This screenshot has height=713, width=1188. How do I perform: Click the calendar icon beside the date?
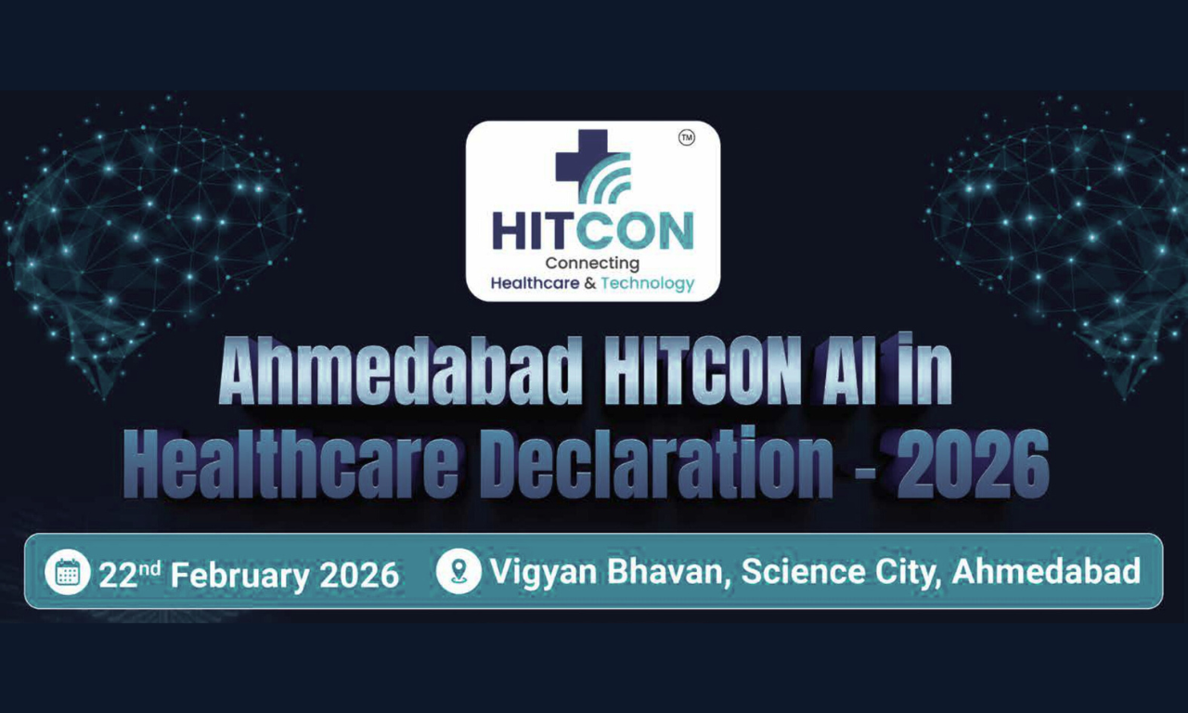[x=68, y=572]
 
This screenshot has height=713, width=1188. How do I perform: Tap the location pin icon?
[x=458, y=572]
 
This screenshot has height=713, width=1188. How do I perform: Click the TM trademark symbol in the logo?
[x=687, y=138]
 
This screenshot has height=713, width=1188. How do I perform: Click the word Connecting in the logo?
[x=592, y=264]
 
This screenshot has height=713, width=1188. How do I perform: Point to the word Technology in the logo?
[x=648, y=283]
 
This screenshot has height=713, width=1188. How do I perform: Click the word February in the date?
[x=239, y=576]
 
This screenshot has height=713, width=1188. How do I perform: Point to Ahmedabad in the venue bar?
[x=1046, y=572]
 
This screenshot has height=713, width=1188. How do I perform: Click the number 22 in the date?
[x=118, y=576]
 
